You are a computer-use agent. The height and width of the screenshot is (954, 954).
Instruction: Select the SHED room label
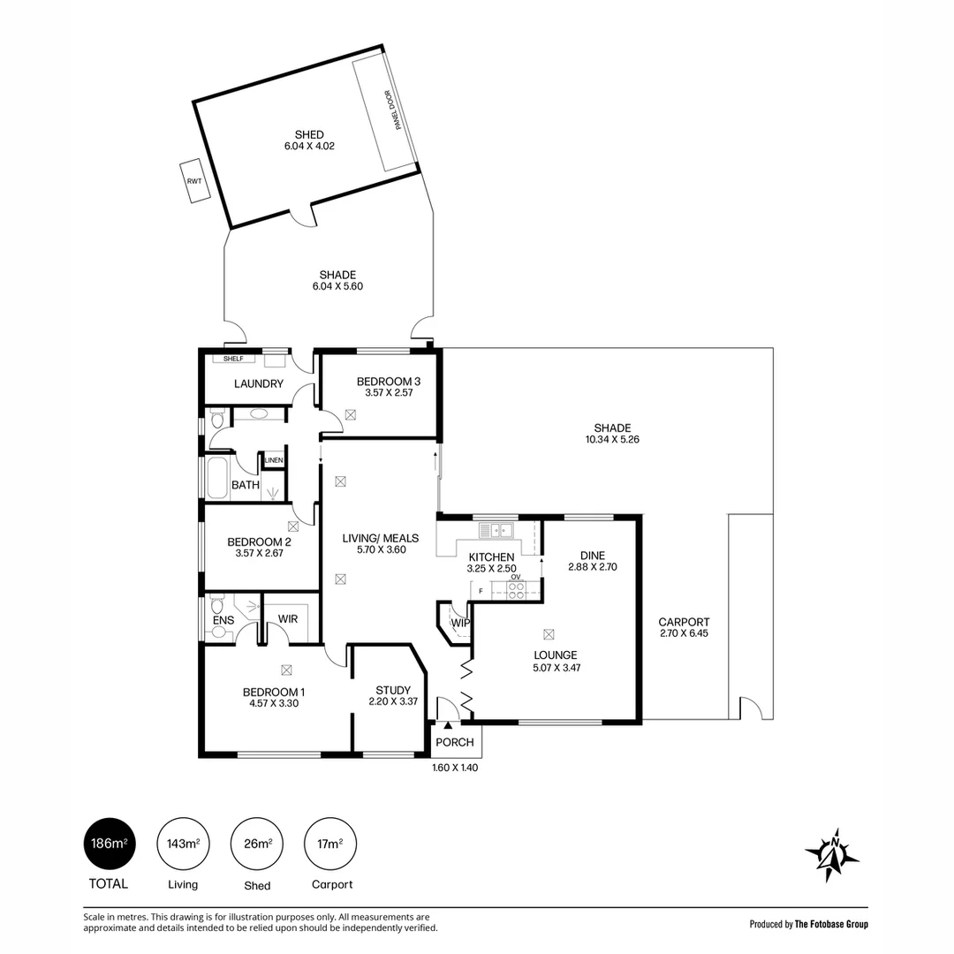tap(309, 134)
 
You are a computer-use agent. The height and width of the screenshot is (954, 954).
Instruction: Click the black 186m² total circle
tap(109, 844)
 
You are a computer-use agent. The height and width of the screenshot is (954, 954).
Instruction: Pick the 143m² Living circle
tap(183, 844)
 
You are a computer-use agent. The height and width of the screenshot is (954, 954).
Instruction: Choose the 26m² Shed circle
tap(257, 844)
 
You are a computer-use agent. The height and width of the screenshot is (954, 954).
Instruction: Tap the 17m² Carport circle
tap(330, 844)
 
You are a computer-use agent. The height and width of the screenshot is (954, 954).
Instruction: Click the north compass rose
tap(831, 855)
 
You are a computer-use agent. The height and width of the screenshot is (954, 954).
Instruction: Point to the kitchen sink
tap(496, 530)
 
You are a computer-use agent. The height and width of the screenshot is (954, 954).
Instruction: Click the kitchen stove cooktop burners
tap(516, 589)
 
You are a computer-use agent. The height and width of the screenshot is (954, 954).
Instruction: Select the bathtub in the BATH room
tap(217, 476)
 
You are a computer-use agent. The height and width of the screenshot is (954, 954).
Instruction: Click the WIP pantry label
tap(459, 623)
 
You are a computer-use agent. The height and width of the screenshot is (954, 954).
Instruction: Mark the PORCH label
tap(454, 742)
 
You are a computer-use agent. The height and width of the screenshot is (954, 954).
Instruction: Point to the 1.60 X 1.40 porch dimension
tap(454, 768)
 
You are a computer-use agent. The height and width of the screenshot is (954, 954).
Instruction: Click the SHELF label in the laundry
tap(232, 359)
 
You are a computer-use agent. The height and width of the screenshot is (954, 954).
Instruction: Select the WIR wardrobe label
tap(288, 620)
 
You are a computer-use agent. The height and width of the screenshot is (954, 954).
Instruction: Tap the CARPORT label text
tap(685, 622)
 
